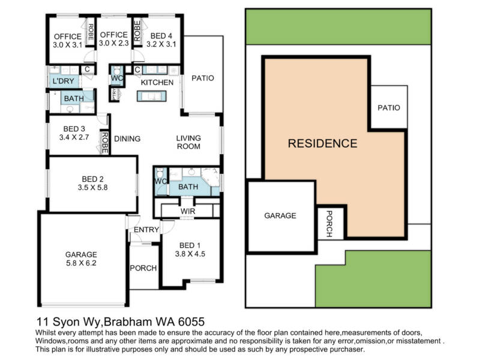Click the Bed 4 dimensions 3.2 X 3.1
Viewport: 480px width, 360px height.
161,44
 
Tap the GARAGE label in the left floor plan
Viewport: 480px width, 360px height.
81,254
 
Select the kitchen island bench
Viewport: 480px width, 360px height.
152,96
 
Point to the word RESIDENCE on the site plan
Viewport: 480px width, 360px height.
323,143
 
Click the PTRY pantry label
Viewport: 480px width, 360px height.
115,94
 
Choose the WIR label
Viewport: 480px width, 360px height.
188,211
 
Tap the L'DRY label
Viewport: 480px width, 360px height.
64,81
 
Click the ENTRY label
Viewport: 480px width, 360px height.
146,230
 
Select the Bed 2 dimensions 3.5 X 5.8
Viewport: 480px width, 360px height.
93,187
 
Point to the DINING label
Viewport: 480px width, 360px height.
127,139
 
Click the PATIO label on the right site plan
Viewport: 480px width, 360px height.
389,108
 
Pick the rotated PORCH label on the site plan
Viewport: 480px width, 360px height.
329,224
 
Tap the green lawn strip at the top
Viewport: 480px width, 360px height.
338,27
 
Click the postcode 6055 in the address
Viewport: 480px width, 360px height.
191,322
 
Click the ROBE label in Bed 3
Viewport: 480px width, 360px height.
104,143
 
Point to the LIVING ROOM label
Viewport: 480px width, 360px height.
188,142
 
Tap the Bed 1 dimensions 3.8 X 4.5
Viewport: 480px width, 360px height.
190,254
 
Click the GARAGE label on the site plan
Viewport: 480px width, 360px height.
280,215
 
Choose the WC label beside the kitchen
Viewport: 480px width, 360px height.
117,78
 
